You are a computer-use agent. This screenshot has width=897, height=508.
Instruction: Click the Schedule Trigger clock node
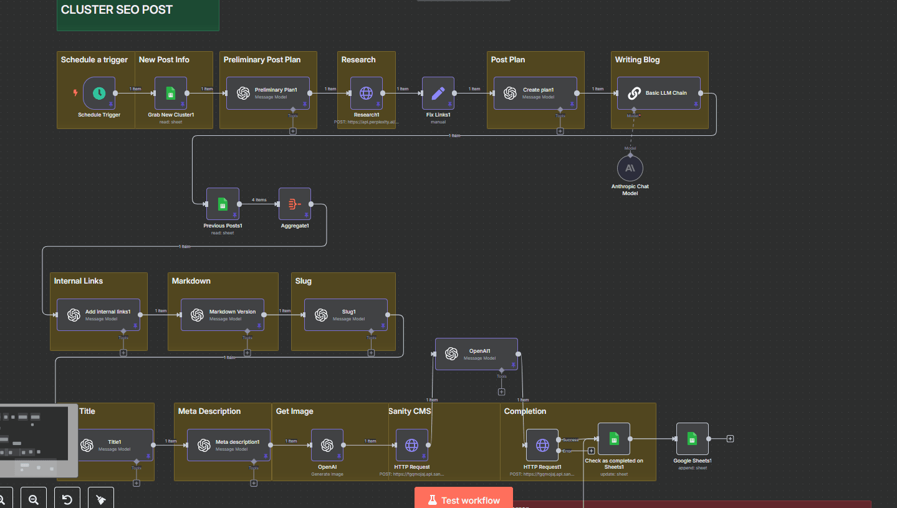pos(99,93)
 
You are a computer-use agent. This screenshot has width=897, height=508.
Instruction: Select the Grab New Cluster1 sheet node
pos(171,93)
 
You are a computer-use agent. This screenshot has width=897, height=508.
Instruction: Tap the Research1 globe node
pos(367,93)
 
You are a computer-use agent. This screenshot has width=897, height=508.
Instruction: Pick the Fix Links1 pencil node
pos(438,93)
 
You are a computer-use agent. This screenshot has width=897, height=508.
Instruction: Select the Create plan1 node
pos(535,93)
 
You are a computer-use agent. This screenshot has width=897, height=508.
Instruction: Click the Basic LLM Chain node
pos(658,93)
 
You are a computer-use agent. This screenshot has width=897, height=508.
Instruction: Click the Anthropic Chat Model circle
pos(630,169)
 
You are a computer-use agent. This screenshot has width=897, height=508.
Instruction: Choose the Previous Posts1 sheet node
pos(223,204)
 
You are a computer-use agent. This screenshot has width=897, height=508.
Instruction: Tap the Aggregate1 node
pos(295,204)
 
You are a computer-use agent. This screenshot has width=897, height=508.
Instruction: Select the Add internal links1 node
pos(98,315)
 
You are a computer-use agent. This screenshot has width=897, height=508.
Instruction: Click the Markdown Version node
pos(222,315)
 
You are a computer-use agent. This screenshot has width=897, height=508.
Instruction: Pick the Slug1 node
pos(345,315)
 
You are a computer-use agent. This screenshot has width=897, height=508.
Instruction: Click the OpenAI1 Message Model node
pos(476,354)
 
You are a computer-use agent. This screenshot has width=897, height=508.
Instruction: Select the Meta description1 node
pos(229,445)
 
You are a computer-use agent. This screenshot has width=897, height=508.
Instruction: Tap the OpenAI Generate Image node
pos(327,445)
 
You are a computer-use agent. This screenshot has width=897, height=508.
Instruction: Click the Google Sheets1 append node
pos(692,439)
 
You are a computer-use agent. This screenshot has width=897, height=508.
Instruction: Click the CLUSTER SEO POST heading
pos(117,10)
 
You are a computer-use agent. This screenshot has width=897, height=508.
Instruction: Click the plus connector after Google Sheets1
pos(730,439)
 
